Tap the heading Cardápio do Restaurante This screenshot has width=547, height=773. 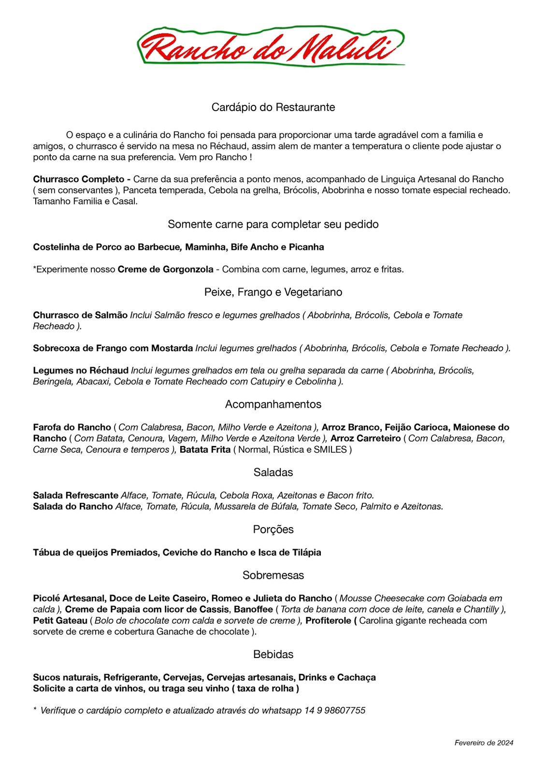[x=273, y=107]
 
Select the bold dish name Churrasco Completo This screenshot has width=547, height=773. [x=78, y=179]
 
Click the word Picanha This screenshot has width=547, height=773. [x=306, y=247]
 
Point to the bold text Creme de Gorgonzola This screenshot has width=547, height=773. [x=165, y=270]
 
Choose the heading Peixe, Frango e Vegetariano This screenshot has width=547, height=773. [x=273, y=292]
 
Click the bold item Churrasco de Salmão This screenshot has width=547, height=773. [x=80, y=315]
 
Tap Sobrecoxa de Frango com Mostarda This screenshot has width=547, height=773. [x=113, y=348]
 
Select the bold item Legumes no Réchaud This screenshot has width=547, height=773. [x=81, y=371]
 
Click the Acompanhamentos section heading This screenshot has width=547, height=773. [x=273, y=404]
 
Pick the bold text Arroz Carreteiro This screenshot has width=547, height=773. [x=366, y=439]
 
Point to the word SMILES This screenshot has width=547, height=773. [x=330, y=450]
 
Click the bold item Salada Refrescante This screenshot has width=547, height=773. [x=75, y=496]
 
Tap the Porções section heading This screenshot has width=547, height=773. [x=273, y=530]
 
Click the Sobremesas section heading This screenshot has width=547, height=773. [x=273, y=575]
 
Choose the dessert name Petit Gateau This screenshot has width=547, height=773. [x=60, y=621]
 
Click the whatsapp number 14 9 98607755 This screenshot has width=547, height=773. [x=334, y=711]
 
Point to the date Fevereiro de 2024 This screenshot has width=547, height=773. [x=483, y=743]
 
